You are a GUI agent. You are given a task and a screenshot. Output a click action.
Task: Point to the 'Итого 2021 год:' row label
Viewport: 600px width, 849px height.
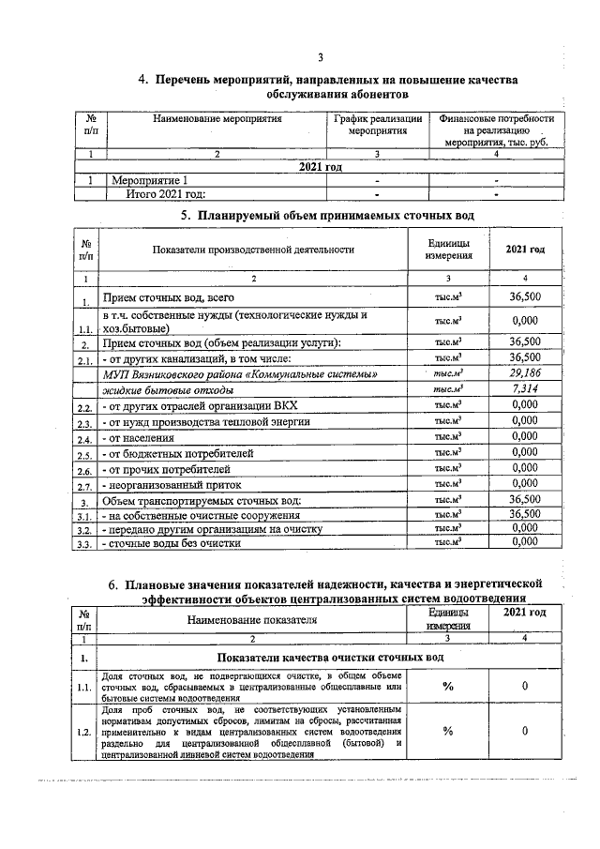166,194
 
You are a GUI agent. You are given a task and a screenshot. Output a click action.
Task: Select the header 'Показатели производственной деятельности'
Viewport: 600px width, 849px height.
255,250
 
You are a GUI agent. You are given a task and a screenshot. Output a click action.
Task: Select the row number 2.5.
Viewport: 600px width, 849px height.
84,455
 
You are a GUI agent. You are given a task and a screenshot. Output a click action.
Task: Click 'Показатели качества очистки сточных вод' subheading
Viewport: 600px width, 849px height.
330,657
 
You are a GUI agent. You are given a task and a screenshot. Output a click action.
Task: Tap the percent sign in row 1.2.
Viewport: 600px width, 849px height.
448,730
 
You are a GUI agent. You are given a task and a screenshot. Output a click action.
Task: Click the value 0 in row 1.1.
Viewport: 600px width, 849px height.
525,687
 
